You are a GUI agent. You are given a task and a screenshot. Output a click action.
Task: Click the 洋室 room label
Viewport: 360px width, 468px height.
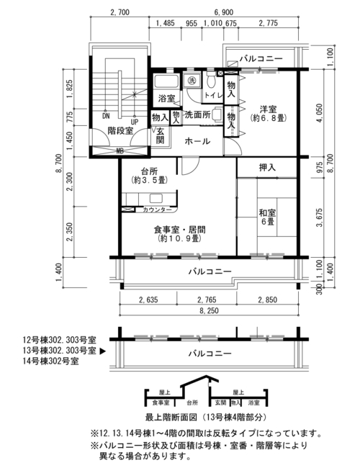click(x=268, y=109)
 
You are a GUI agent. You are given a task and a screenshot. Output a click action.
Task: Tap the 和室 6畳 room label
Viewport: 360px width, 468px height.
click(x=267, y=217)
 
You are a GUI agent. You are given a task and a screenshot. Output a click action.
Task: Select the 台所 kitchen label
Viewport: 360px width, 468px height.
click(x=149, y=171)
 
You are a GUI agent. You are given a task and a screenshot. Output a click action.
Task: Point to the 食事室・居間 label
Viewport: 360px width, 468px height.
click(x=179, y=230)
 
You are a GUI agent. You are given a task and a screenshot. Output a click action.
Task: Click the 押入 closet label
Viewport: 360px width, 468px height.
click(x=267, y=168)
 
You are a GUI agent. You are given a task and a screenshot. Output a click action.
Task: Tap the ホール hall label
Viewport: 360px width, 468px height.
click(x=197, y=141)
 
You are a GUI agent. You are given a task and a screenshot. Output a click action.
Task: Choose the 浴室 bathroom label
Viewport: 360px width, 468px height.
click(x=166, y=98)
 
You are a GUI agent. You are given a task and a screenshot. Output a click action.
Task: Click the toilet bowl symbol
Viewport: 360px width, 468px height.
click(x=211, y=80)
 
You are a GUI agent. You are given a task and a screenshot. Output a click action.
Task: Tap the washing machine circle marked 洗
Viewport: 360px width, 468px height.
click(x=191, y=80)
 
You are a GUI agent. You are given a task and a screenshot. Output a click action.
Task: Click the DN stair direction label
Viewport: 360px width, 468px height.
click(x=106, y=116)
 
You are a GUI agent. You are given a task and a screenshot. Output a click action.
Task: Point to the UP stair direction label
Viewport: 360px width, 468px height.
click(x=135, y=122)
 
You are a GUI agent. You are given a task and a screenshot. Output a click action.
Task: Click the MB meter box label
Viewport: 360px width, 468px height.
click(x=120, y=151)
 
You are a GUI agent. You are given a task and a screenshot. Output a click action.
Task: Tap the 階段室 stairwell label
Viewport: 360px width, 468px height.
click(x=120, y=130)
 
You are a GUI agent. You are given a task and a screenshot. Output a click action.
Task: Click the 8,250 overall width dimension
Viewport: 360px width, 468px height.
click(x=208, y=311)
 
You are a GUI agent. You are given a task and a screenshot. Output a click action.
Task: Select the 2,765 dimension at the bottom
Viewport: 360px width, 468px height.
click(x=207, y=300)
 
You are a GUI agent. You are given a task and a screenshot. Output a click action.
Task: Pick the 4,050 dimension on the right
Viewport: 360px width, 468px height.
click(x=319, y=113)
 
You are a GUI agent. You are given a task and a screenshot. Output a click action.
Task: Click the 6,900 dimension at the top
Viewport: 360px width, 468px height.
click(x=223, y=12)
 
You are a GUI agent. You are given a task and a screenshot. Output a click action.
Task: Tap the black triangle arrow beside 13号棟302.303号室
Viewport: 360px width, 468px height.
click(x=102, y=351)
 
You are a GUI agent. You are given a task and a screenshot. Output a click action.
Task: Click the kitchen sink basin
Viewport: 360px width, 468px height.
click(x=156, y=198)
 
